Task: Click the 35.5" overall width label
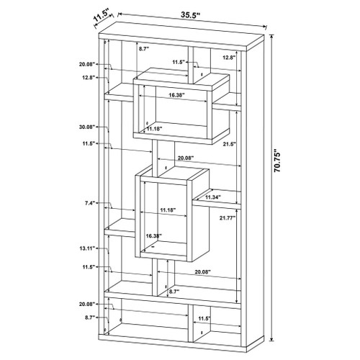[190, 15]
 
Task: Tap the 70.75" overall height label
[277, 161]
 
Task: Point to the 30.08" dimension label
[87, 127]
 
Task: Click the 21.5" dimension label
[228, 144]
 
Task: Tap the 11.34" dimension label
[213, 197]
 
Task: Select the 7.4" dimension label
[90, 203]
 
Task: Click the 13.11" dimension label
[88, 248]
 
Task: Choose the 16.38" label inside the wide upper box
[176, 95]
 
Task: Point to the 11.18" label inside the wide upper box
[155, 129]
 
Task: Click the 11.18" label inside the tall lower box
[168, 210]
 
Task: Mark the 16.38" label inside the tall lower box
[154, 236]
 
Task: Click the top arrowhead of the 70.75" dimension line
[271, 37]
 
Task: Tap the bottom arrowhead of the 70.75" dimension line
[271, 339]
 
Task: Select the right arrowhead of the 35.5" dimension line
[265, 27]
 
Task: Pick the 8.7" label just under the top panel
[144, 49]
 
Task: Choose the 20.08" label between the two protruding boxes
[186, 158]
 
